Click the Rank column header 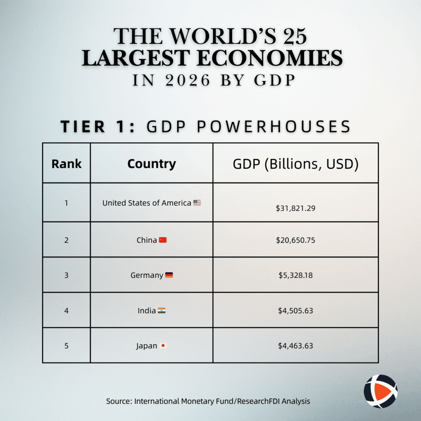point(66,164)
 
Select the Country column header point(151,164)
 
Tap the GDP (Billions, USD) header point(296,164)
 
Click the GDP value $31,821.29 point(296,208)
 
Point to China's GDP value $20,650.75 point(296,240)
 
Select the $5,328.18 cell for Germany point(296,275)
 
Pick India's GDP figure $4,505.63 point(296,310)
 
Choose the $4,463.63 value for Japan point(296,346)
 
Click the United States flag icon point(197,203)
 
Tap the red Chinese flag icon point(163,240)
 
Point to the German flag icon point(169,275)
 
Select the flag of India point(162,311)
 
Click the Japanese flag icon point(163,346)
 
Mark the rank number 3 point(66,275)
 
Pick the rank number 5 point(66,346)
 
